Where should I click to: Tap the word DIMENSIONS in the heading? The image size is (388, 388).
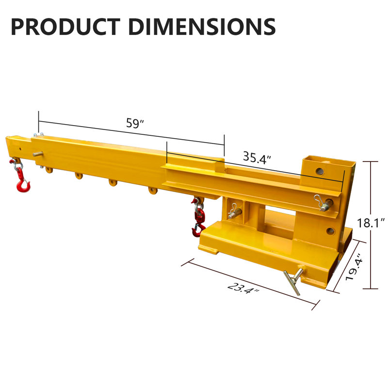click(x=202, y=26)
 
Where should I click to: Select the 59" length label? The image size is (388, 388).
click(x=132, y=123)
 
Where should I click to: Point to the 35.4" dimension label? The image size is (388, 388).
click(x=257, y=156)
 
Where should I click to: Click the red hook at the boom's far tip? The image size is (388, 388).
click(x=22, y=184)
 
